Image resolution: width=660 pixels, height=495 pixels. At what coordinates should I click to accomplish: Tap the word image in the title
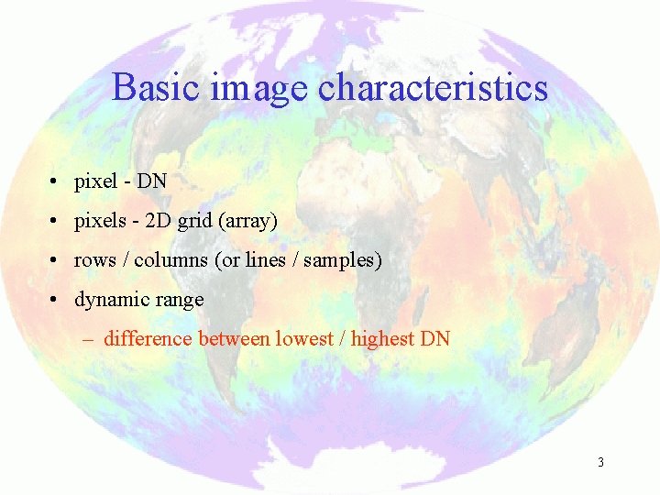[x=259, y=88]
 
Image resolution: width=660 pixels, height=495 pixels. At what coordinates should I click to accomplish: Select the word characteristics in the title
[x=433, y=88]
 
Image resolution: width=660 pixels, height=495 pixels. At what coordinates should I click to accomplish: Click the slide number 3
[x=600, y=463]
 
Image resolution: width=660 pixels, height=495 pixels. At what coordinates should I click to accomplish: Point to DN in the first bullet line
[x=152, y=181]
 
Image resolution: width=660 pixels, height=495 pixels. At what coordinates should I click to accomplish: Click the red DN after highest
[x=434, y=338]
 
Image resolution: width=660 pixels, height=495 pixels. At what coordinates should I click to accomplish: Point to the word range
[x=179, y=301]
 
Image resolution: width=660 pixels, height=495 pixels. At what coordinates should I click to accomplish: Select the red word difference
[x=148, y=338]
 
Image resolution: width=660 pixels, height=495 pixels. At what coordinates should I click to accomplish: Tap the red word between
[x=234, y=338]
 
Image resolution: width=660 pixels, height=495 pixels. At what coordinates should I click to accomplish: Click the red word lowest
[x=304, y=338]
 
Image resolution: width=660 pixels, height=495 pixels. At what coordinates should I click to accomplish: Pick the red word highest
[x=383, y=338]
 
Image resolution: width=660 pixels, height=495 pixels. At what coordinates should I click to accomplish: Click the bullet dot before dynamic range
[x=56, y=300]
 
